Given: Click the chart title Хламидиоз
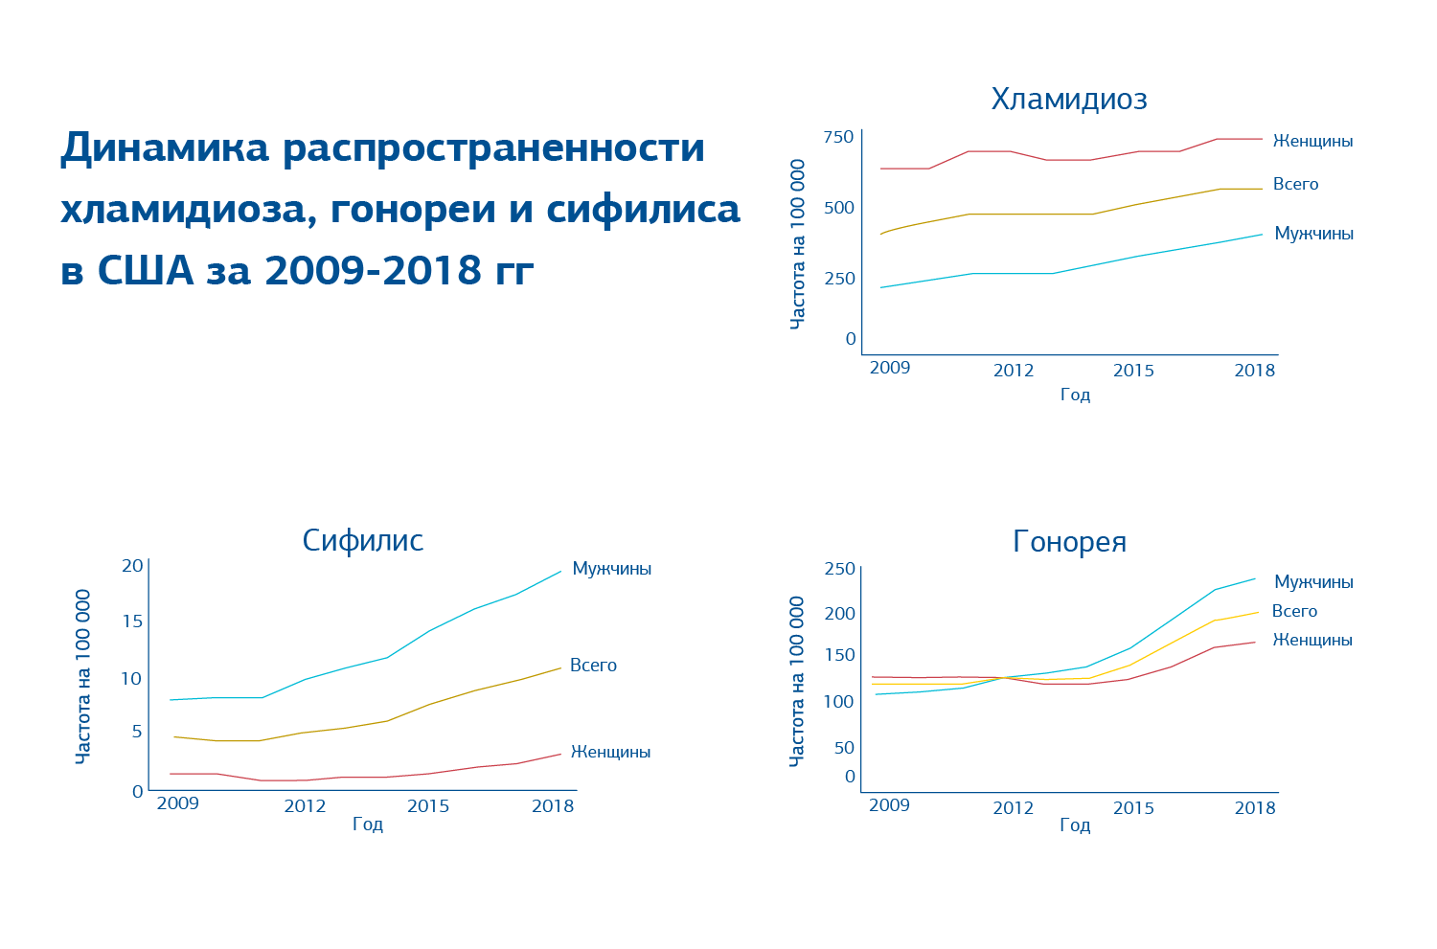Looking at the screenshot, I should coord(1069,100).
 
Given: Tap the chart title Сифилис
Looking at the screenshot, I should coord(362,541).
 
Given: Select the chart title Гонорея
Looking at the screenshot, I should coord(1069,543).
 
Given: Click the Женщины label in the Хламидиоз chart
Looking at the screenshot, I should coord(1312,142).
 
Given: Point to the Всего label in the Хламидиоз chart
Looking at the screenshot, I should coord(1295,185).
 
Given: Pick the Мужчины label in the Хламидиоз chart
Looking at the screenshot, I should coord(1313,234).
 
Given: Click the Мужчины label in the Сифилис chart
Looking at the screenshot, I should coord(611,569).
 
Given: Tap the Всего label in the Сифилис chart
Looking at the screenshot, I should coord(593,666).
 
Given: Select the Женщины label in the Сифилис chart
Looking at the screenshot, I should coord(610,753).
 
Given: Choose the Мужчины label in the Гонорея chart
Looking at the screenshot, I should coord(1313,582).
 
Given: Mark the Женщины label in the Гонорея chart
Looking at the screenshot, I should coord(1312,640).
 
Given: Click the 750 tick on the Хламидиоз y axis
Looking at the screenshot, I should coord(838,137).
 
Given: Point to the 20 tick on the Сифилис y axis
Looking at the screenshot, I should coord(132,566).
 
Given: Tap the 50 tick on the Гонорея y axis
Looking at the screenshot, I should coord(844,748).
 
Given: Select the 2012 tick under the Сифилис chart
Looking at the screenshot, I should coord(305,806).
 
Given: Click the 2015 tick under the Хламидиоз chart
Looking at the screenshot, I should coord(1133,371).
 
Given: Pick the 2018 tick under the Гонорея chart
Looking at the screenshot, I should coord(1255,808).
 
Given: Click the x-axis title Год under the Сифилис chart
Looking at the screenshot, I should coord(368,825).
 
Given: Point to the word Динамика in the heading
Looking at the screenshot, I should coord(165,148).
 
